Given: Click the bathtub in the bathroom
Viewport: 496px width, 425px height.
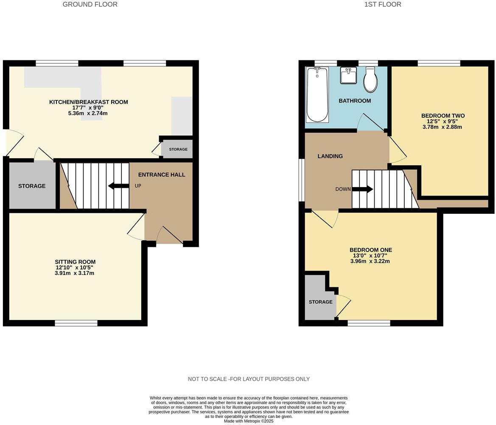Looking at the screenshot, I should pos(317,94).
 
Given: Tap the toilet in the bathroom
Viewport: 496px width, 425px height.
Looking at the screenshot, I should pos(370,80).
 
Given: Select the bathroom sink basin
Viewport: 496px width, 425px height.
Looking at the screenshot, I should pos(349,76).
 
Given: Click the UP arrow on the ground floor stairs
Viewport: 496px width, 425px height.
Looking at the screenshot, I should pos(118,186).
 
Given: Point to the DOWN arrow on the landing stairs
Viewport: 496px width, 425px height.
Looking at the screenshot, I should pos(362,189).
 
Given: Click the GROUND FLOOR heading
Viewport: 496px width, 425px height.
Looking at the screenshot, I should pos(90,4).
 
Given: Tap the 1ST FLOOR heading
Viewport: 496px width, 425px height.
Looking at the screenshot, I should pos(382,4).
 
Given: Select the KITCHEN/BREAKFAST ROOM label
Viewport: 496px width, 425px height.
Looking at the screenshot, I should pos(88,102).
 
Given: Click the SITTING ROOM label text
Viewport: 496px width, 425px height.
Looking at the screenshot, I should pos(75,262).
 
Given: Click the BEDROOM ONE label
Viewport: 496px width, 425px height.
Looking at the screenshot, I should pos(370,250).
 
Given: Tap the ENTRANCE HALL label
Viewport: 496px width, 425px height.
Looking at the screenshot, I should pos(162,174).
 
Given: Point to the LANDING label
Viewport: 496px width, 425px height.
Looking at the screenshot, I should pos(330,156).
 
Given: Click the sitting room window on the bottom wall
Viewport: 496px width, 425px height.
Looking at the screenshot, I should pos(76,323).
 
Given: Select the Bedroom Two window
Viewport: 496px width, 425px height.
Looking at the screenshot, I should pos(439,63).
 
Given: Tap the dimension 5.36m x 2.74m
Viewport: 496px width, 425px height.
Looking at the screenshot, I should pos(88,113).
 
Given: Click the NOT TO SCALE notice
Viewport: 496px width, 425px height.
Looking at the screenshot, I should pos(249,379).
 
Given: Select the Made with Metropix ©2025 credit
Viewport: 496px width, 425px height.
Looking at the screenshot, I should pos(249,421).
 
